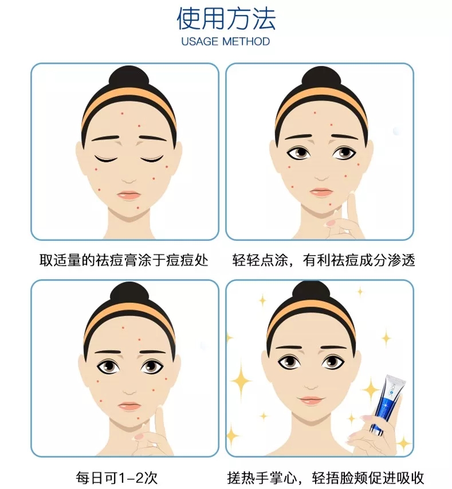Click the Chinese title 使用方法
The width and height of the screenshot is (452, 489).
[x=226, y=19]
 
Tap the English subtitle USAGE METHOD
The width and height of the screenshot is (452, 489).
[x=226, y=41]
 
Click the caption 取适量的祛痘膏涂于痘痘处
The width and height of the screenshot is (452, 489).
[x=124, y=260]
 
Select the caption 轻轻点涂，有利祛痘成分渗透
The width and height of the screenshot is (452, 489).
[x=324, y=260]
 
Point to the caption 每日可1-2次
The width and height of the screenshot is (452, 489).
[x=117, y=478]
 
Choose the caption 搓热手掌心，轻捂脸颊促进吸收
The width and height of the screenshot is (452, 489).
[x=325, y=478]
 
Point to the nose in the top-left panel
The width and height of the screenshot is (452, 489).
[x=128, y=181]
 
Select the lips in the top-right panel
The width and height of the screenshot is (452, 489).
[x=321, y=192]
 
